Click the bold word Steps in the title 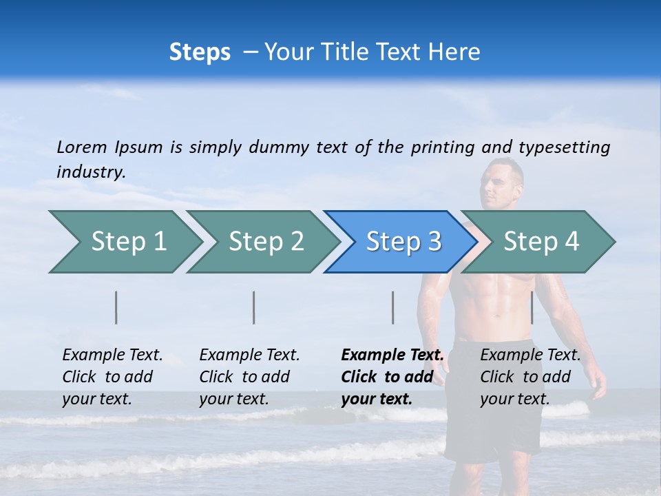point(200,52)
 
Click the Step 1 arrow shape point(124,242)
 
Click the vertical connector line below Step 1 point(116,307)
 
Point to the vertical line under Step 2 point(254,307)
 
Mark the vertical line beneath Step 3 point(393,307)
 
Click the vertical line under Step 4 point(532,307)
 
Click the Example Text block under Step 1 point(112,377)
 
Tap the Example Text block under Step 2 point(249,377)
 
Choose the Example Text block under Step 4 point(530,377)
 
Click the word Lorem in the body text point(82,147)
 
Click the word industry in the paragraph point(91,172)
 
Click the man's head point(503,183)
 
